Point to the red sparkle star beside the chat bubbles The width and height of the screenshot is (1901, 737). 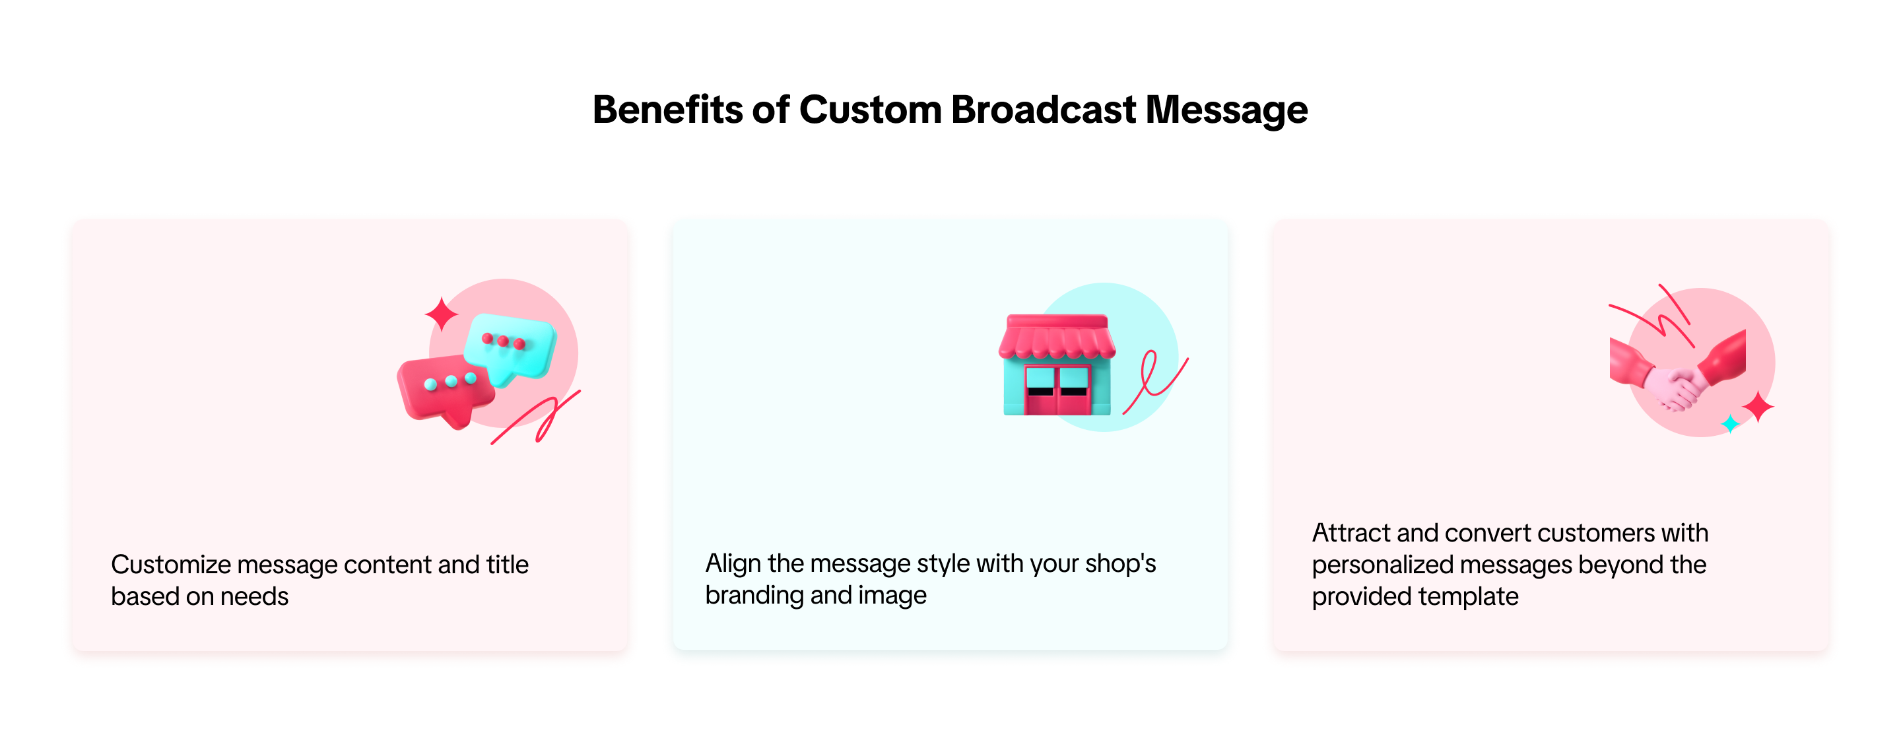(x=442, y=314)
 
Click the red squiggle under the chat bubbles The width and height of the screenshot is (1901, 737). (x=537, y=418)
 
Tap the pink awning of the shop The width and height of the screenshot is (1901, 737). (x=1057, y=338)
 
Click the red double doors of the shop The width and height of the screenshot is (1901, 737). (x=1057, y=390)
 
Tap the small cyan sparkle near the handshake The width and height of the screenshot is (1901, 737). (x=1731, y=424)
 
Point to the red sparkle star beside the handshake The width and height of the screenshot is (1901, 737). (x=1758, y=407)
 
